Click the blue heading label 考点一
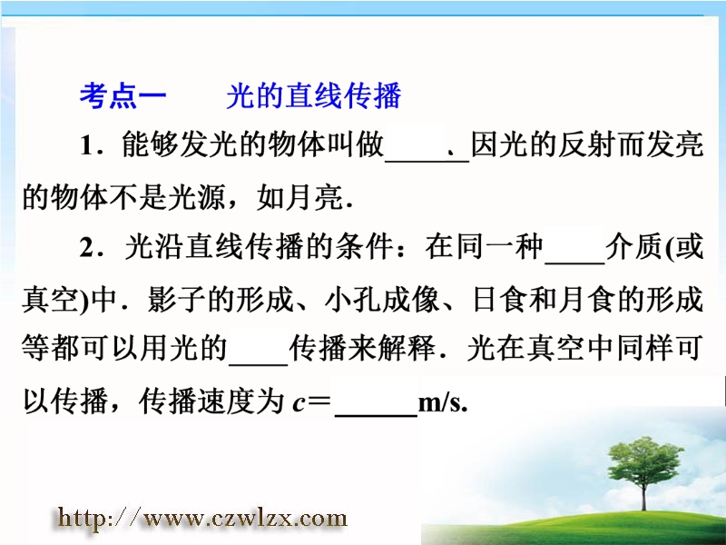tap(123, 96)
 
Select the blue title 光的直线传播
tap(313, 96)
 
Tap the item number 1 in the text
tap(87, 145)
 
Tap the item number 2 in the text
tap(88, 247)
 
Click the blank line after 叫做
tap(427, 161)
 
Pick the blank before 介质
tap(575, 263)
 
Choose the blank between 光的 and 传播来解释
tap(259, 364)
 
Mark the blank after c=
tap(376, 416)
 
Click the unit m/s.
tap(442, 402)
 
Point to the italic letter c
tap(299, 403)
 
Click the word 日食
tap(499, 300)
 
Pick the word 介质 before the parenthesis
tap(634, 247)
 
